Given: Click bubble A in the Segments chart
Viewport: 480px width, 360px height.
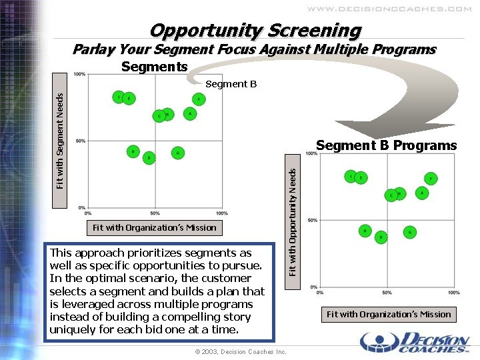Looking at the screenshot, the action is tap(190, 113).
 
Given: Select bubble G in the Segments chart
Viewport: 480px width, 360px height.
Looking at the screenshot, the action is tap(177, 153).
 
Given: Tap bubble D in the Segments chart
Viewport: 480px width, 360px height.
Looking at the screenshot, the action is tap(149, 157).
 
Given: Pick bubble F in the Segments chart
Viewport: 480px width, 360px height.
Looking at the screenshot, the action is tap(199, 99).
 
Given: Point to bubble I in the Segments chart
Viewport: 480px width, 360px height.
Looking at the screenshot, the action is tap(119, 97).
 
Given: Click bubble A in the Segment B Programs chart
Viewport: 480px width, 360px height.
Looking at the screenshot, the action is tap(421, 192).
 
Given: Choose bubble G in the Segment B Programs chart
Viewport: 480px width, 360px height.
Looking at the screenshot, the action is tap(409, 232).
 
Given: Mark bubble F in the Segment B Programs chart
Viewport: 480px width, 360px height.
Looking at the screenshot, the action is tap(431, 179).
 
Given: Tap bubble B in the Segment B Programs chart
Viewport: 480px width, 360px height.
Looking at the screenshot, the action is tap(365, 231).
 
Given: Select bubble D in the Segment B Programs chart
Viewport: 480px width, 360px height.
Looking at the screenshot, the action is tap(381, 237).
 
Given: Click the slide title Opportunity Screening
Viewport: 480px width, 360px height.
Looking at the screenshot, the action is tap(255, 31).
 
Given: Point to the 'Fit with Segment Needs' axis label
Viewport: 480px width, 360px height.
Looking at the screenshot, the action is tap(60, 140).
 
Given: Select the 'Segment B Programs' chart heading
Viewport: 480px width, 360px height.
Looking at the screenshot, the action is tap(387, 145).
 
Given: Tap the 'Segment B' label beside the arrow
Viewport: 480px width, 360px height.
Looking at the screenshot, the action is tap(231, 84).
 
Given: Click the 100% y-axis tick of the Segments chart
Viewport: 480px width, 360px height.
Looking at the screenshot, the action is tap(79, 74).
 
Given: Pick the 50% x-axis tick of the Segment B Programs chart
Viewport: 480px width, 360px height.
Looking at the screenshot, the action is tap(387, 292).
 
